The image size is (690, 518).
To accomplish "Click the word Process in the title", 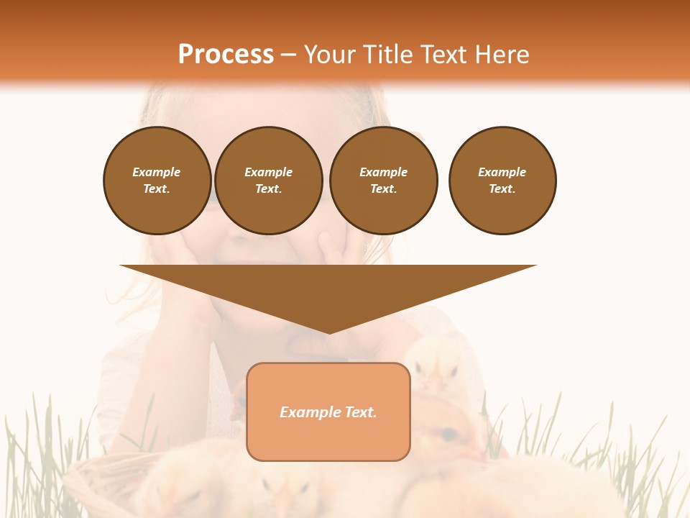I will tap(226, 55).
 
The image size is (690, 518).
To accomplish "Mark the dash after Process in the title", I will tap(288, 56).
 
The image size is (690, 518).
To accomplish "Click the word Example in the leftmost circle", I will tap(157, 172).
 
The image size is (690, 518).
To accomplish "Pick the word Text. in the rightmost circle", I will tap(502, 189).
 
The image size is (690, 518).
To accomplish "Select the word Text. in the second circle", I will tap(269, 189).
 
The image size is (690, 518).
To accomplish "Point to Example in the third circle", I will tap(384, 172).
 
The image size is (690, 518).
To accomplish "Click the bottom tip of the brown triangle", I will tap(329, 332).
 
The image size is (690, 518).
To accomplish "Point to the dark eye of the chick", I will tap(449, 434).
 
